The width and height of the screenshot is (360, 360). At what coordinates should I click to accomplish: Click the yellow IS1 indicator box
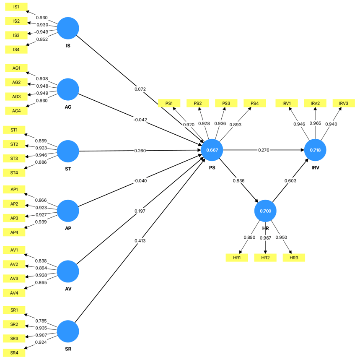coord(16,7)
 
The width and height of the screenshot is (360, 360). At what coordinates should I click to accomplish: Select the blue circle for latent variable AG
coord(68,89)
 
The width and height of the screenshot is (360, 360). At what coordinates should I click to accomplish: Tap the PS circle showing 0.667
coord(212,150)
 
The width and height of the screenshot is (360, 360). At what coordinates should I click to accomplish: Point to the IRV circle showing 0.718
coord(315,150)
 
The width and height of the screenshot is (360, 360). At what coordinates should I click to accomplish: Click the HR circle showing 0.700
coord(265,211)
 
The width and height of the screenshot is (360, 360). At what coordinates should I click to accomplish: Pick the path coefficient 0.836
coord(238,181)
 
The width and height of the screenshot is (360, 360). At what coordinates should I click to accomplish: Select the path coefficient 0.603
coord(290,181)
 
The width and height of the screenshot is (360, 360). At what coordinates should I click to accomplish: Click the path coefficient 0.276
coord(264,150)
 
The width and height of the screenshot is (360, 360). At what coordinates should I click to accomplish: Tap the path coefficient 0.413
coord(140,241)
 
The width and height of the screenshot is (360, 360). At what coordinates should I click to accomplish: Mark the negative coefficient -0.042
coord(140,120)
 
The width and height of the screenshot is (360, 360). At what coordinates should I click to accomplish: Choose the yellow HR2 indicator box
coord(265,258)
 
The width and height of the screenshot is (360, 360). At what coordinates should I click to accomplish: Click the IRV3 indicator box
coord(344,103)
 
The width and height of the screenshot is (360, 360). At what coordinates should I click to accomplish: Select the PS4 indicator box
coord(255,103)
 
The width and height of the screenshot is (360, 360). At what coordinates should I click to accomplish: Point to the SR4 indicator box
coord(14,352)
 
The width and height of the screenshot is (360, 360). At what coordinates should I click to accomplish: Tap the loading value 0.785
coord(41,321)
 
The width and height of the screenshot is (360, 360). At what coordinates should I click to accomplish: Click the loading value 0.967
coord(265,238)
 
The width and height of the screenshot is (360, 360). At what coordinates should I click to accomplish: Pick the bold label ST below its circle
coord(68,169)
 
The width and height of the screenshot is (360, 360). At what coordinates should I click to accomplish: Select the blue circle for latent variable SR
coord(68,331)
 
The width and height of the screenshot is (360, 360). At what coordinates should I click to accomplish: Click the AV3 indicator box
coord(14,278)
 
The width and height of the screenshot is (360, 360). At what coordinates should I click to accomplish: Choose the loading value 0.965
coord(315,123)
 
